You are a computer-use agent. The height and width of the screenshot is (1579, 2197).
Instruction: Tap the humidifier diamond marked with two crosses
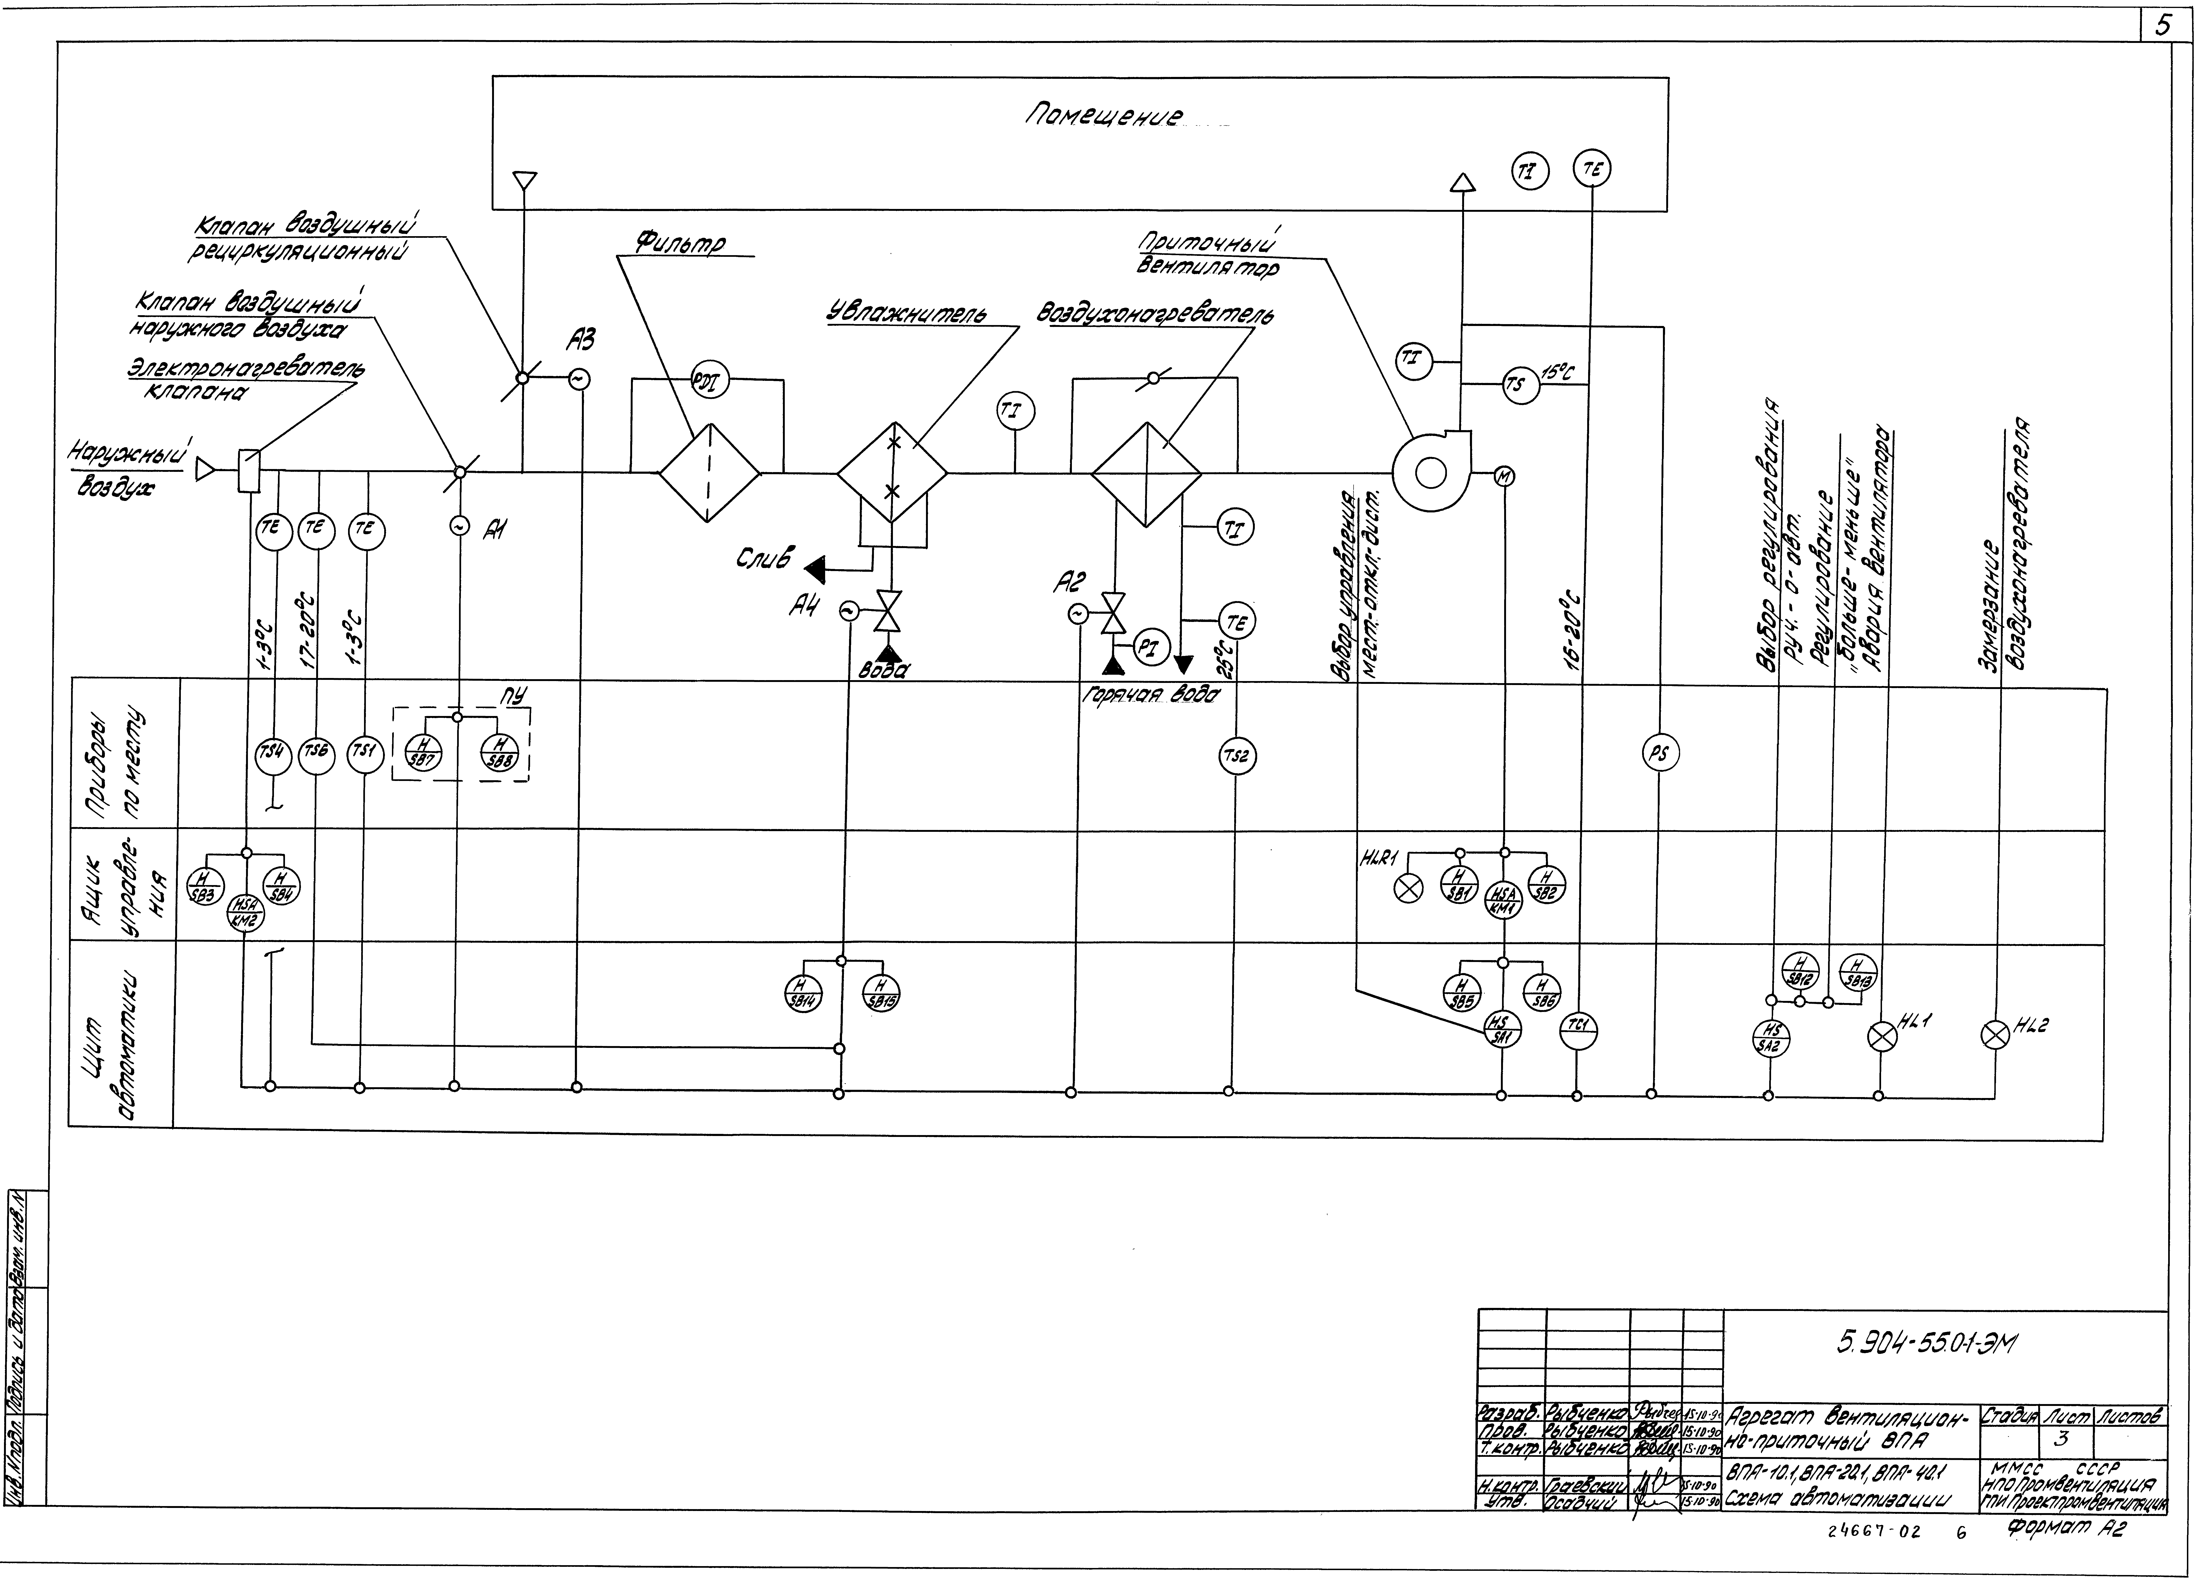[x=892, y=474]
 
